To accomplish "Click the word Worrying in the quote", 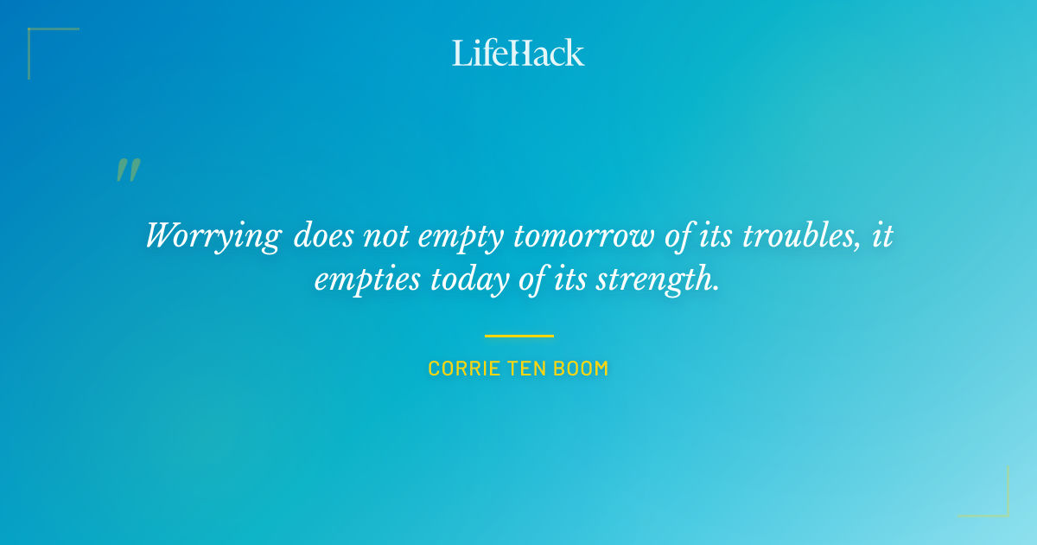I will (x=213, y=236).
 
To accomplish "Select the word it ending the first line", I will (x=881, y=235).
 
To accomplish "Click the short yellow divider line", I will (x=518, y=336).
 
